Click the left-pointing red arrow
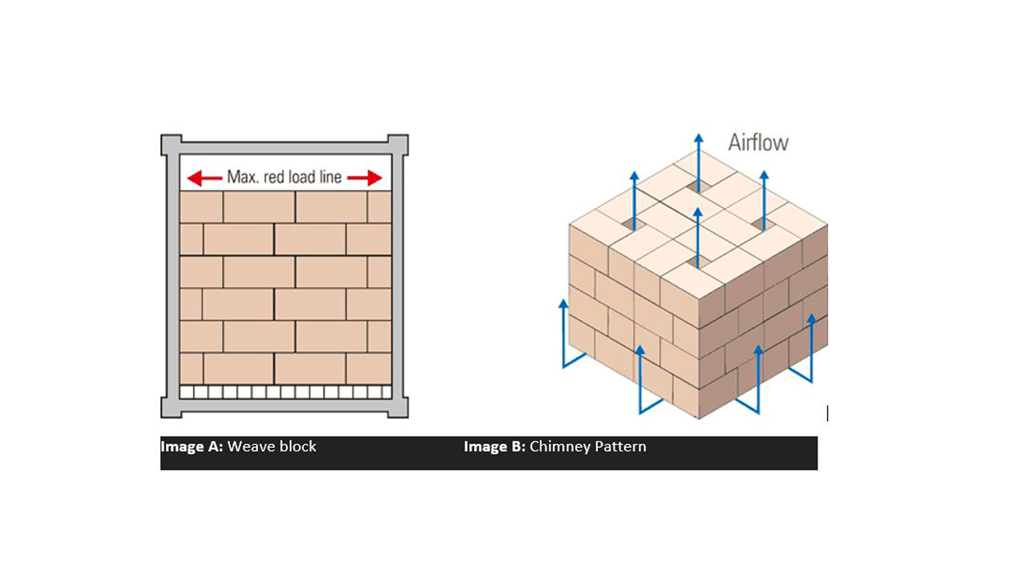tap(205, 178)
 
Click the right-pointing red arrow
tap(365, 178)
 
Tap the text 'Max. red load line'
tap(284, 177)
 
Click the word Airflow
tap(758, 143)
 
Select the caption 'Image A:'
tap(192, 447)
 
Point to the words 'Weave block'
tap(272, 446)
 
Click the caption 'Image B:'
tap(494, 447)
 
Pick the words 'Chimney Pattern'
tap(588, 447)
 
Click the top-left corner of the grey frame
tap(161, 135)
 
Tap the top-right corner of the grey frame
tap(408, 135)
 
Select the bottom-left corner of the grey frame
tap(161, 417)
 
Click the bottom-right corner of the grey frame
tap(408, 417)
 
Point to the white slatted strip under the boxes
tap(285, 392)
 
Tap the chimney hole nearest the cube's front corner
tap(698, 262)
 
